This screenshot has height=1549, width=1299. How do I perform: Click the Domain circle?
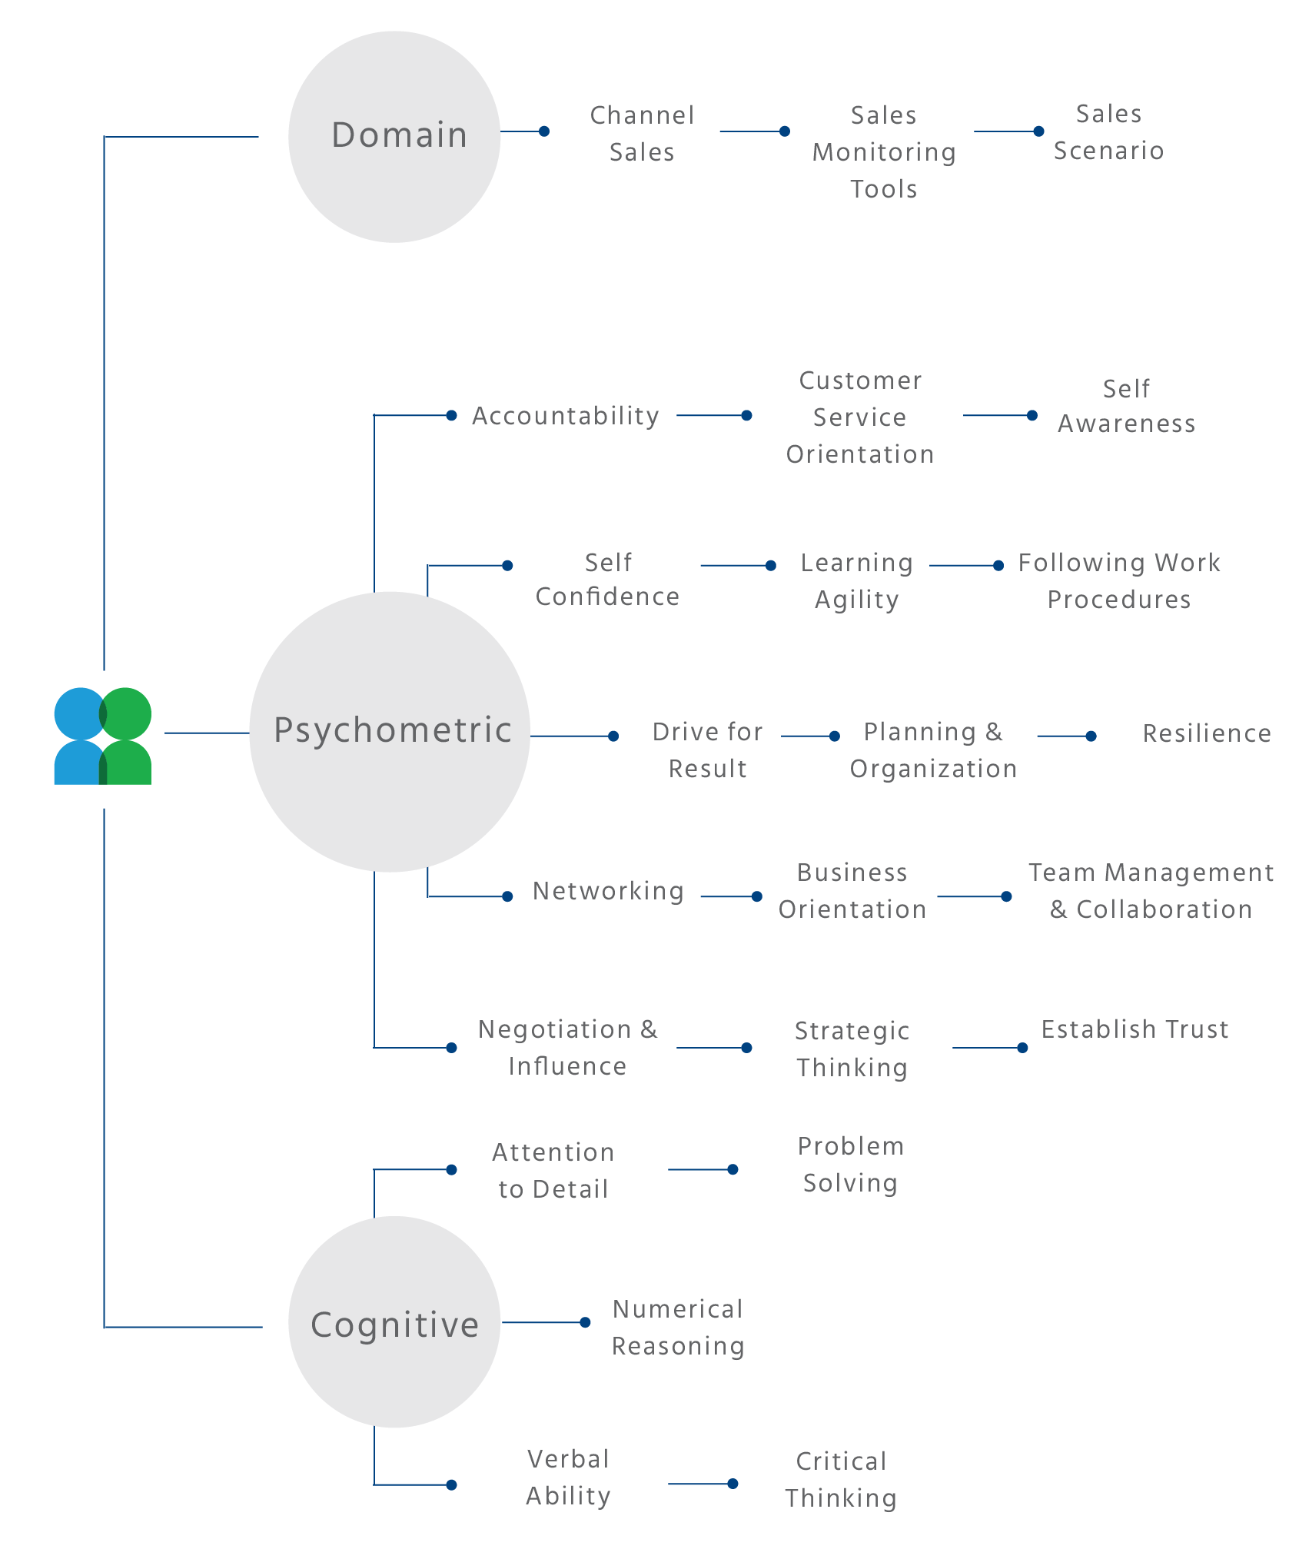coord(394,136)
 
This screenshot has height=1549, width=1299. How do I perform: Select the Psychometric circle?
coord(390,731)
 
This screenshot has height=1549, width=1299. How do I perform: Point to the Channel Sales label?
coord(642,134)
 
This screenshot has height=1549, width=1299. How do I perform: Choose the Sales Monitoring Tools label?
coord(884,152)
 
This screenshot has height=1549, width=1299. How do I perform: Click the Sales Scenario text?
coord(1108,132)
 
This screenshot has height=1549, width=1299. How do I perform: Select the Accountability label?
coord(566,416)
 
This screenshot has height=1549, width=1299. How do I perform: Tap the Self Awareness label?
coord(1126,406)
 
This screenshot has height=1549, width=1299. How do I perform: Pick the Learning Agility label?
coord(856,581)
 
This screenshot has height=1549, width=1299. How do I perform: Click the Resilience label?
coord(1207,733)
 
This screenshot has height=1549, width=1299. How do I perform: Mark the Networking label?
coord(608,891)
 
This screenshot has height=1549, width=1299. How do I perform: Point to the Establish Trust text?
coord(1135,1029)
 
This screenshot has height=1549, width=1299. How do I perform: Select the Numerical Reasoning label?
coord(678,1328)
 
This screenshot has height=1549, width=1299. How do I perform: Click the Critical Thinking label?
coord(841,1480)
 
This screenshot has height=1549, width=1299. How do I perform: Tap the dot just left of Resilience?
coord(1091,736)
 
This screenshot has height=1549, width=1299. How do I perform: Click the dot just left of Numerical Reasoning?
coord(585,1322)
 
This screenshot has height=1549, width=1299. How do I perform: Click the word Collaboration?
coord(1164,909)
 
